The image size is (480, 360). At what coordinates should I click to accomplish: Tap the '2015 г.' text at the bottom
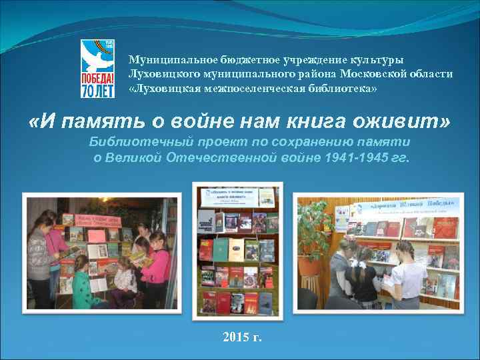243,337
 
